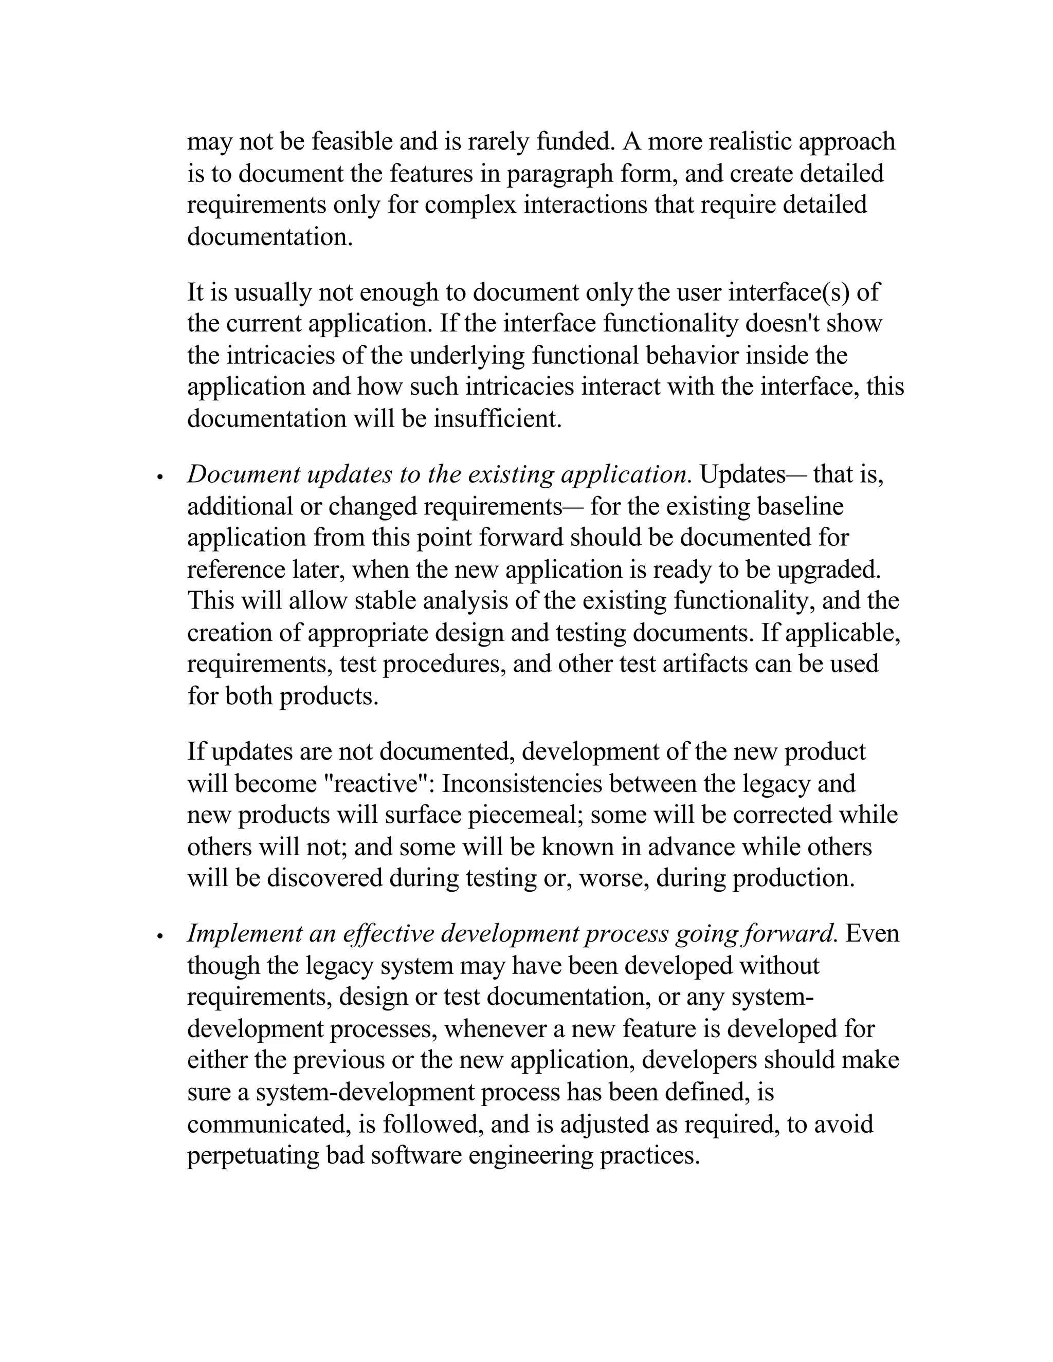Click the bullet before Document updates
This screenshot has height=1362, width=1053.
pyautogui.click(x=160, y=477)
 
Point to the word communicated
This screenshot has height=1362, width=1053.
pyautogui.click(x=267, y=1125)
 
